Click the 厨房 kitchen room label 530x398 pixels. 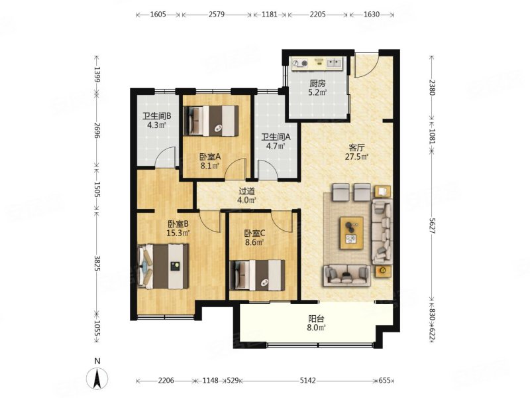pyautogui.click(x=317, y=84)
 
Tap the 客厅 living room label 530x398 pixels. pyautogui.click(x=356, y=148)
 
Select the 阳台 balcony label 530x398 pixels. pyautogui.click(x=317, y=319)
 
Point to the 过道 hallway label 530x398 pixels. pyautogui.click(x=246, y=192)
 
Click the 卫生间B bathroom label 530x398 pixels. pyautogui.click(x=156, y=116)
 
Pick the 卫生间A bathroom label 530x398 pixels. pyautogui.click(x=276, y=137)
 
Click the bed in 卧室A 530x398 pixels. pyautogui.click(x=211, y=121)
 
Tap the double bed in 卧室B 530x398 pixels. pyautogui.click(x=163, y=267)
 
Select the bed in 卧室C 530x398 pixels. pyautogui.click(x=257, y=275)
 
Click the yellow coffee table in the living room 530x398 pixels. pyautogui.click(x=352, y=233)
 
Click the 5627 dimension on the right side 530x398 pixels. pyautogui.click(x=432, y=225)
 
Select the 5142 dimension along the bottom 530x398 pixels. pyautogui.click(x=307, y=381)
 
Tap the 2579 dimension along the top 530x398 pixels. pyautogui.click(x=217, y=15)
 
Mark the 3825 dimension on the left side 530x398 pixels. pyautogui.click(x=97, y=263)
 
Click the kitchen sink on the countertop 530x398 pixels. pyautogui.click(x=334, y=62)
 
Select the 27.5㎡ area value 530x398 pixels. pyautogui.click(x=356, y=157)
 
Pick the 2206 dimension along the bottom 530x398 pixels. pyautogui.click(x=166, y=381)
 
